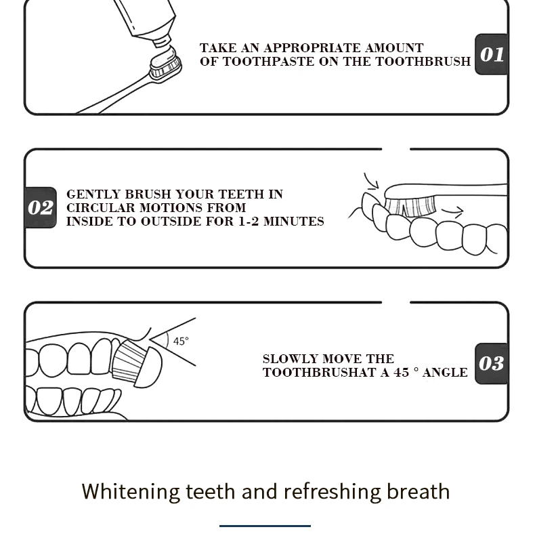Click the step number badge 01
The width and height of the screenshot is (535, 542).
491,54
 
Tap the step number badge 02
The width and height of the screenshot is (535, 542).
41,207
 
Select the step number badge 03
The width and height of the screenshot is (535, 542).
491,364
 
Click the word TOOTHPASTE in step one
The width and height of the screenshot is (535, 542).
268,62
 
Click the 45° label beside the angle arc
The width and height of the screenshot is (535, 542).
181,341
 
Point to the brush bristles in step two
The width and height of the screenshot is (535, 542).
410,206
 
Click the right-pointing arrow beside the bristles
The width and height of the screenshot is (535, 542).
453,211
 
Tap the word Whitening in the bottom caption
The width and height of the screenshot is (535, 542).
131,492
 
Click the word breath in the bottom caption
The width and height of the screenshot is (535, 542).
418,491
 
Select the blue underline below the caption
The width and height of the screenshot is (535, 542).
265,526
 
